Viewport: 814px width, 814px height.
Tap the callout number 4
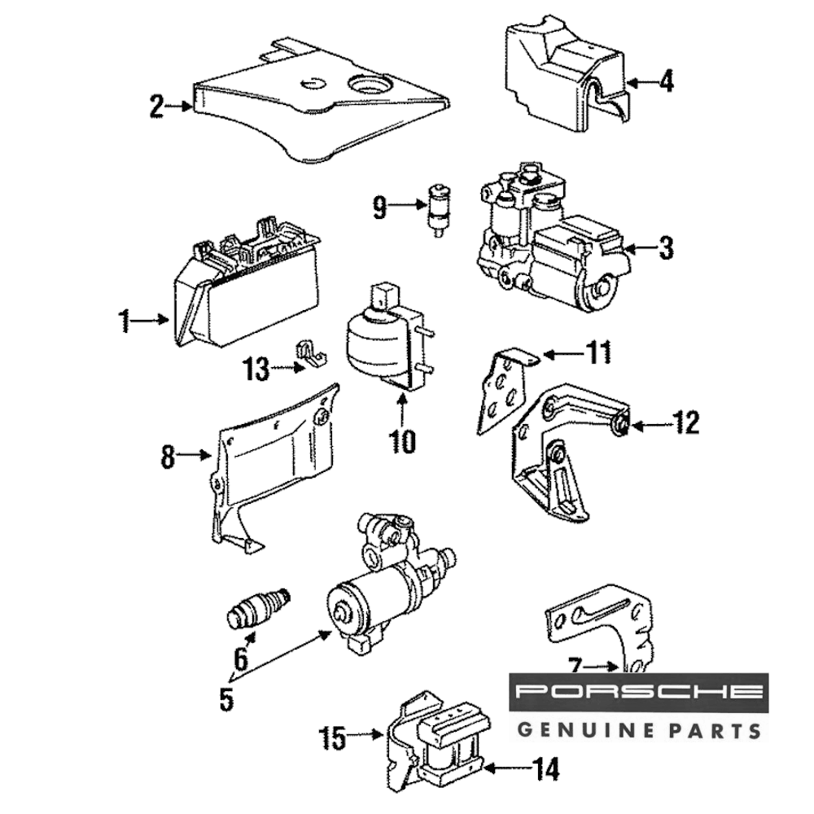666,81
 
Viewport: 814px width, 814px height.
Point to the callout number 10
402,441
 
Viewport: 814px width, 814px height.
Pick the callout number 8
168,457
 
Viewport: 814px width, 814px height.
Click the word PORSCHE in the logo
640,692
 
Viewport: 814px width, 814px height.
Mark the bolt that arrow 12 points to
619,423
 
